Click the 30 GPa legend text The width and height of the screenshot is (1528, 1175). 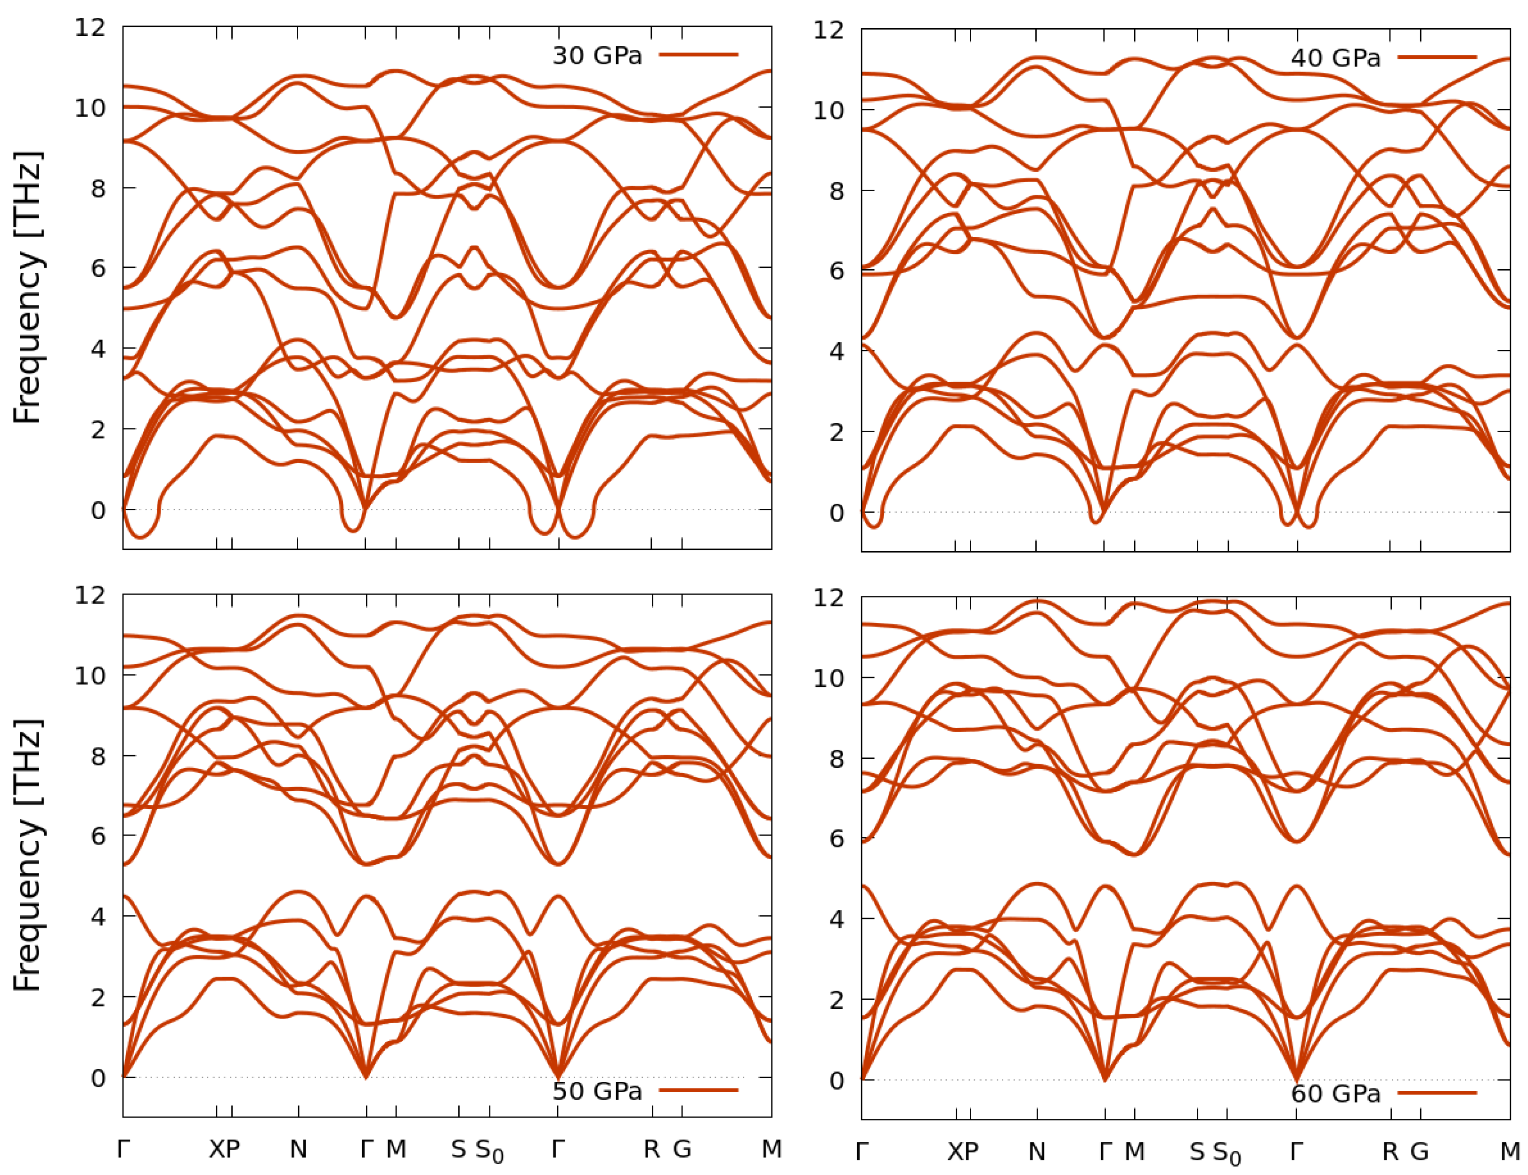(x=597, y=55)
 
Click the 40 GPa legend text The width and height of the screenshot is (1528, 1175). (x=1336, y=58)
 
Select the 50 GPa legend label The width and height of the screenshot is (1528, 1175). (x=597, y=1091)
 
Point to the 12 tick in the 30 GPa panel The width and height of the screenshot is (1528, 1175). (x=90, y=28)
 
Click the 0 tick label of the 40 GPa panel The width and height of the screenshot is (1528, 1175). (x=837, y=513)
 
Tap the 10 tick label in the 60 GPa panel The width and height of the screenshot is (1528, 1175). (x=829, y=678)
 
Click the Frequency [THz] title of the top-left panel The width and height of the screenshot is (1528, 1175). (x=28, y=288)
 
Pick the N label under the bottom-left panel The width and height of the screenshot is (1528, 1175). (x=299, y=1149)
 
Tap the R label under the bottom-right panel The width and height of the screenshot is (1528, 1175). (x=1390, y=1151)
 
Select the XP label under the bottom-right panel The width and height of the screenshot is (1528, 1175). (x=963, y=1151)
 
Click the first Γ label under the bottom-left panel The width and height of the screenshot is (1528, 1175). (x=124, y=1149)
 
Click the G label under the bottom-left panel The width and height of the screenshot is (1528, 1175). (x=682, y=1149)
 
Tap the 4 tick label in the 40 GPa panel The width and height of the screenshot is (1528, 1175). (x=837, y=351)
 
